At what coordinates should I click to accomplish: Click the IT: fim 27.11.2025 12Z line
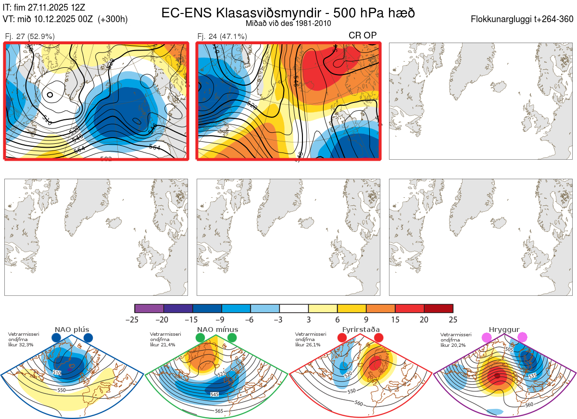44,7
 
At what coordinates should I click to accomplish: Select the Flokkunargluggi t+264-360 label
523,19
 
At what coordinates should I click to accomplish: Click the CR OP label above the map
363,35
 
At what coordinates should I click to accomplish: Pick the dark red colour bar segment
439,308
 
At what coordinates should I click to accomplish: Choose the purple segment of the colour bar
149,308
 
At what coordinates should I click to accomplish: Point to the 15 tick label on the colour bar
395,319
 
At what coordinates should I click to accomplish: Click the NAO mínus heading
217,330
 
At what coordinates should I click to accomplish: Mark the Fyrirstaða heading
360,330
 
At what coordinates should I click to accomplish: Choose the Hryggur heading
504,330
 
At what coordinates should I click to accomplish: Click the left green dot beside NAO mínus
201,338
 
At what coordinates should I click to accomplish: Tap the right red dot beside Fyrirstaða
378,338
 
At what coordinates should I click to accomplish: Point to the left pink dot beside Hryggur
487,338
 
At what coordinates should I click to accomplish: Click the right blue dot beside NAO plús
88,338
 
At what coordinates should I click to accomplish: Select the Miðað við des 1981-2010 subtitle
288,23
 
